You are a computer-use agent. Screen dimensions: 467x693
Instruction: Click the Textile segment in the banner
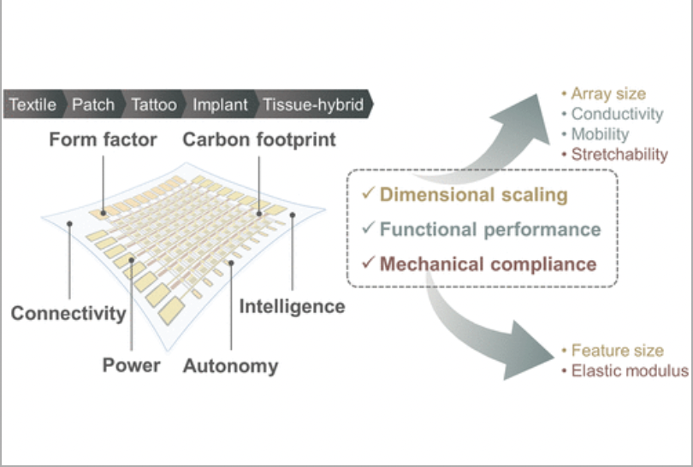coord(33,105)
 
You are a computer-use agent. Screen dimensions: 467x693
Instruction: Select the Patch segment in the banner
coord(93,105)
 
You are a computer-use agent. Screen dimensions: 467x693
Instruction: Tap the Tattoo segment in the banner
coord(154,105)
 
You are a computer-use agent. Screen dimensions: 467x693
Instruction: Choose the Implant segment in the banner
coord(220,105)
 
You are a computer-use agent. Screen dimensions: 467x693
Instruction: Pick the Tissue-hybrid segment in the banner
coord(312,105)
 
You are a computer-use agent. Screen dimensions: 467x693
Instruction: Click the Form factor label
coord(103,139)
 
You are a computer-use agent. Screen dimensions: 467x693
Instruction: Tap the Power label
coord(131,365)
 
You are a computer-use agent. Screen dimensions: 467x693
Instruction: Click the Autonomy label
coord(230,366)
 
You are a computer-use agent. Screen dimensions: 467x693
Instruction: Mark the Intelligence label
coord(292,306)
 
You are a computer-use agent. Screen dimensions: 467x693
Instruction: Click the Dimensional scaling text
coord(473,195)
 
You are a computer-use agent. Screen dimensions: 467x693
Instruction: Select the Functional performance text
coord(490,229)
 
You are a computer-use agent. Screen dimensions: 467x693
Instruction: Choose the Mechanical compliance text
coord(488,263)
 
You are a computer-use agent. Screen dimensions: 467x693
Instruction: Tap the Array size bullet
coord(607,93)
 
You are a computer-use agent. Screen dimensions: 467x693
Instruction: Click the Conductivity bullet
coord(617,114)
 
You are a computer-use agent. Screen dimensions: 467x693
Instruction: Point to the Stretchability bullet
coord(619,154)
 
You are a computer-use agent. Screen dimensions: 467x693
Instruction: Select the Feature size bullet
coord(617,351)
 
